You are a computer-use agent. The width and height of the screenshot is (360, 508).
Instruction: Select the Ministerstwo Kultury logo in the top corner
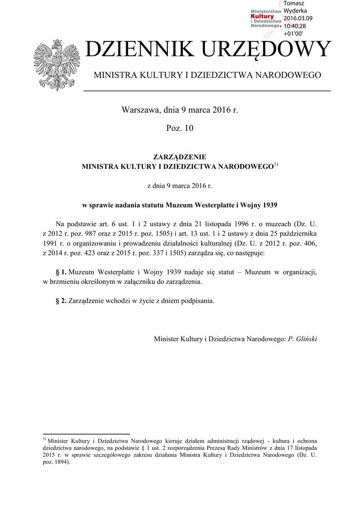[x=266, y=19]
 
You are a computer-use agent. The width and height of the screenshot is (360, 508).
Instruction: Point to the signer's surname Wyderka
[x=295, y=11]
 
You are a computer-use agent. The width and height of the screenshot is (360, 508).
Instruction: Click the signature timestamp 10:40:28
[x=294, y=26]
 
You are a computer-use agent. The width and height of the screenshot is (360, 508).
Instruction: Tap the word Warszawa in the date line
[x=141, y=110]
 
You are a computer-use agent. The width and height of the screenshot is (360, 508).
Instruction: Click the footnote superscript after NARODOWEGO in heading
[x=276, y=164]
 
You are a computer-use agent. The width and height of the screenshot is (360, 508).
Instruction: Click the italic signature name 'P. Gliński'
[x=302, y=339]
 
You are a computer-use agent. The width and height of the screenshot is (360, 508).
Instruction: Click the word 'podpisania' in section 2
[x=197, y=301]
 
